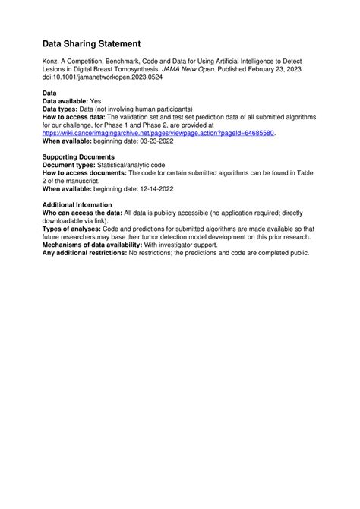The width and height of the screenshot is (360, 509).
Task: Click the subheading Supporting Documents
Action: (x=78, y=157)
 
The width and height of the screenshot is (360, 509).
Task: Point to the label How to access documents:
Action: (x=84, y=173)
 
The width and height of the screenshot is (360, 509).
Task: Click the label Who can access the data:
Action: (x=81, y=213)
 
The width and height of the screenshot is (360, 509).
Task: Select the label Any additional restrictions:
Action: (x=84, y=252)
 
